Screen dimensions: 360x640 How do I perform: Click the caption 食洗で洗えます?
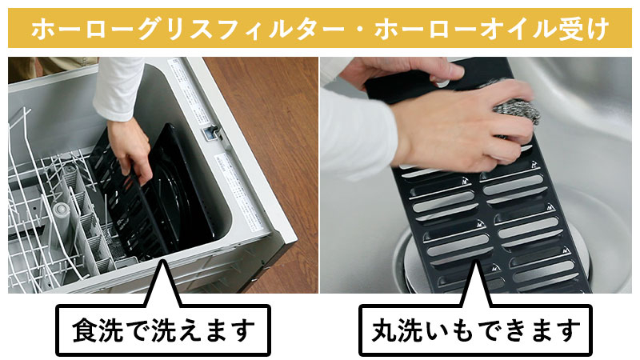[162, 328]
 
